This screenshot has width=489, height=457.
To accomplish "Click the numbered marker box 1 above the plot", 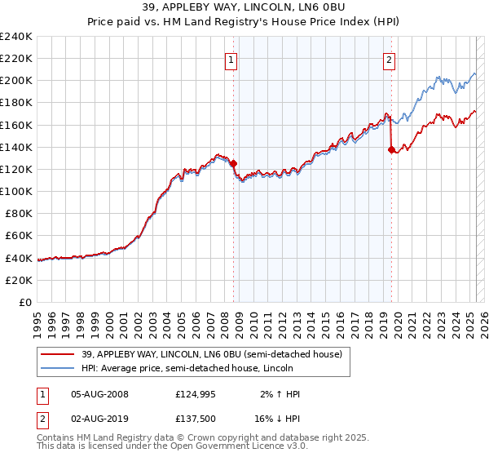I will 231,59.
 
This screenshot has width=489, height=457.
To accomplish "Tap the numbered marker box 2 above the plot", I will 390,59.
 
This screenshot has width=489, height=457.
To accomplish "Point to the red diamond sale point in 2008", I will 233,164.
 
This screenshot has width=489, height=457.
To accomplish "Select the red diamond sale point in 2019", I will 391,149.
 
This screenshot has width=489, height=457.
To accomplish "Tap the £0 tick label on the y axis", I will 24,302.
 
